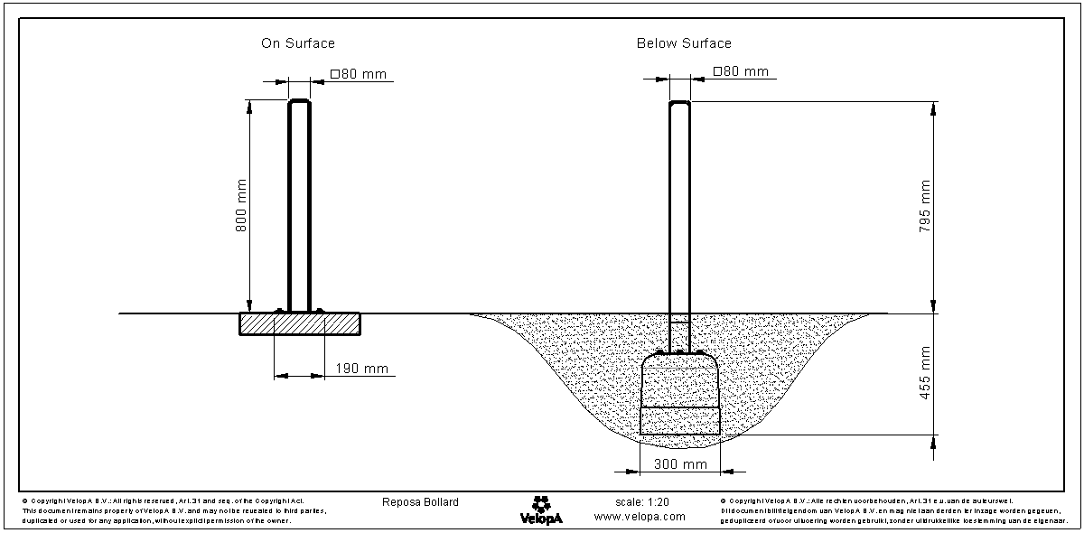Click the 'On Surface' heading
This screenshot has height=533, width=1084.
298,43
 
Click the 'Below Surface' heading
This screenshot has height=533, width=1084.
684,43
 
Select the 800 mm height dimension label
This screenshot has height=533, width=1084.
241,206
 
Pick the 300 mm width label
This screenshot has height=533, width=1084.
679,464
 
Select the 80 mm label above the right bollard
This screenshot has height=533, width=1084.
741,71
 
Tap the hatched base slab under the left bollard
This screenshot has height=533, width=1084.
299,323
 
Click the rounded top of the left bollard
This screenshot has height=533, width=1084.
299,103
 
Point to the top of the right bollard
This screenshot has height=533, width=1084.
679,105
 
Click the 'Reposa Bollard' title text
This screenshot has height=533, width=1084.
421,502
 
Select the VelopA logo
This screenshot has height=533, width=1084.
541,510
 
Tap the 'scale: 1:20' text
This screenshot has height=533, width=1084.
640,501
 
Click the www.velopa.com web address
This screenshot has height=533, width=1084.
640,517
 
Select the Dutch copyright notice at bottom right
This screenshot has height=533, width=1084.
894,510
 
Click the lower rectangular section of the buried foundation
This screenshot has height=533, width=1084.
680,421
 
